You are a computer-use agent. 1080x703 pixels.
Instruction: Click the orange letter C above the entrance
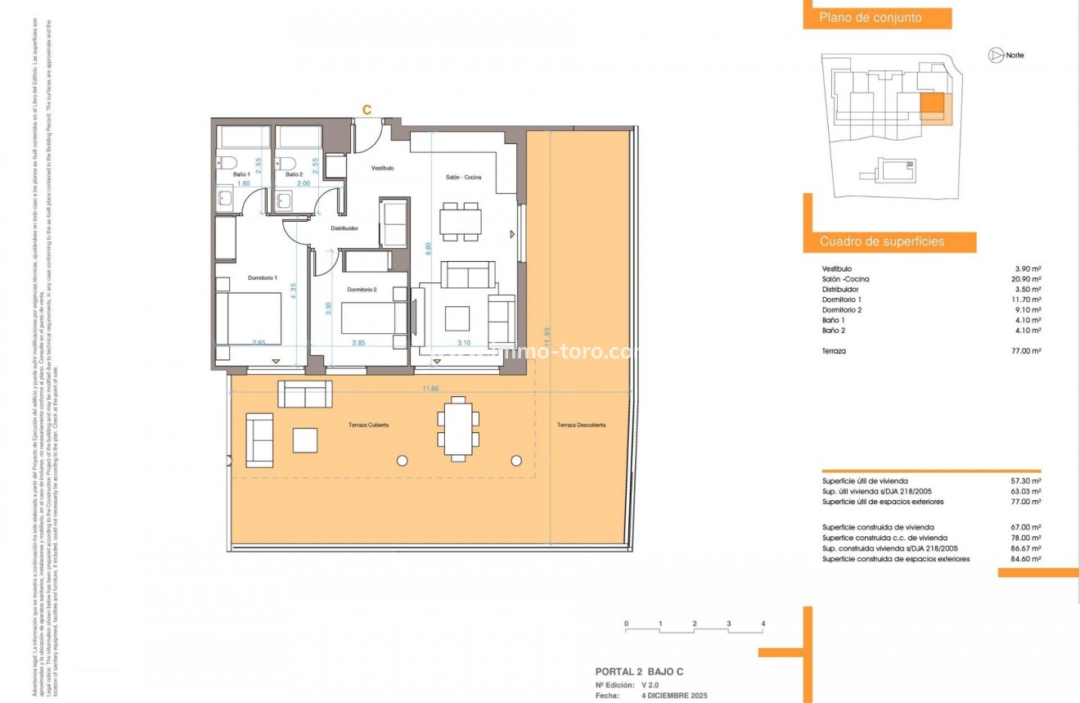pos(367,110)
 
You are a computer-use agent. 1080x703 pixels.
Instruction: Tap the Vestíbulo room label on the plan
pos(383,168)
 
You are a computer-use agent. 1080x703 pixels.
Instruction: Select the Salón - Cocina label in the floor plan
pos(462,178)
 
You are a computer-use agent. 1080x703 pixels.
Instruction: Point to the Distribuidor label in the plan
pos(344,229)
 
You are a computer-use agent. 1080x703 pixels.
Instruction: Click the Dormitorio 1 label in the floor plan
pos(263,278)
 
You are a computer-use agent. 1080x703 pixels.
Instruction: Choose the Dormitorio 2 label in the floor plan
pos(362,290)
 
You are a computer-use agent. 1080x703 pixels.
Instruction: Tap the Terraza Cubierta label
pos(362,426)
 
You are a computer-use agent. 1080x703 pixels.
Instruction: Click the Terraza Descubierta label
pos(581,426)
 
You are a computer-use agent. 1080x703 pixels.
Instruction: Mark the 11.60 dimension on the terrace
pos(430,389)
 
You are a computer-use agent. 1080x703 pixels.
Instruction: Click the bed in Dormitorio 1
pos(254,319)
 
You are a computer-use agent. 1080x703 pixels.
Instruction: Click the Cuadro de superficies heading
pos(882,242)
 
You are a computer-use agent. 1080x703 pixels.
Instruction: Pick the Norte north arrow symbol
pos(996,56)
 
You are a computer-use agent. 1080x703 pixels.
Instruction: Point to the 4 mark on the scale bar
pos(763,624)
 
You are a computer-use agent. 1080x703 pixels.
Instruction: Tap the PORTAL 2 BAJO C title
pos(639,672)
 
